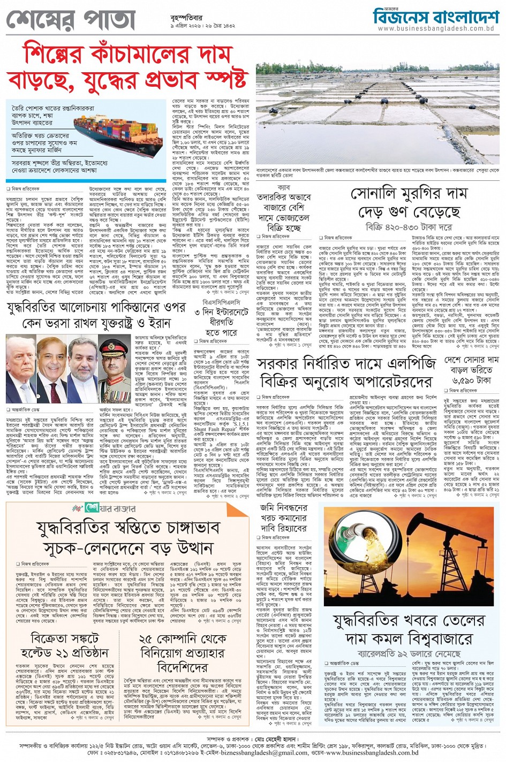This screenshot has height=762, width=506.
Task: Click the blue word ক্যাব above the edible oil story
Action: coord(284,188)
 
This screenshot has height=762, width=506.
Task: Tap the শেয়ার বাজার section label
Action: coord(109,508)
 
